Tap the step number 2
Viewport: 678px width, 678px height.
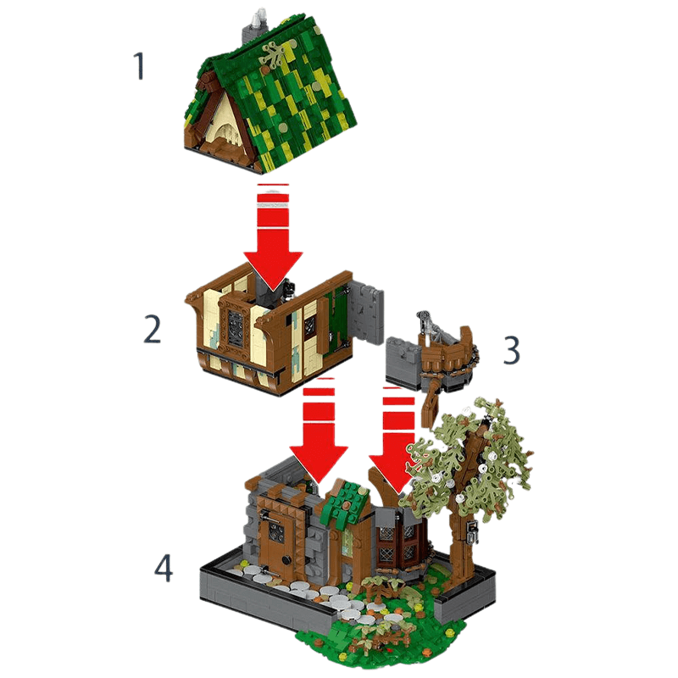(x=152, y=329)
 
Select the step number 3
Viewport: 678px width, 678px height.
(x=511, y=349)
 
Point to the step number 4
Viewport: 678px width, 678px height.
(x=164, y=568)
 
